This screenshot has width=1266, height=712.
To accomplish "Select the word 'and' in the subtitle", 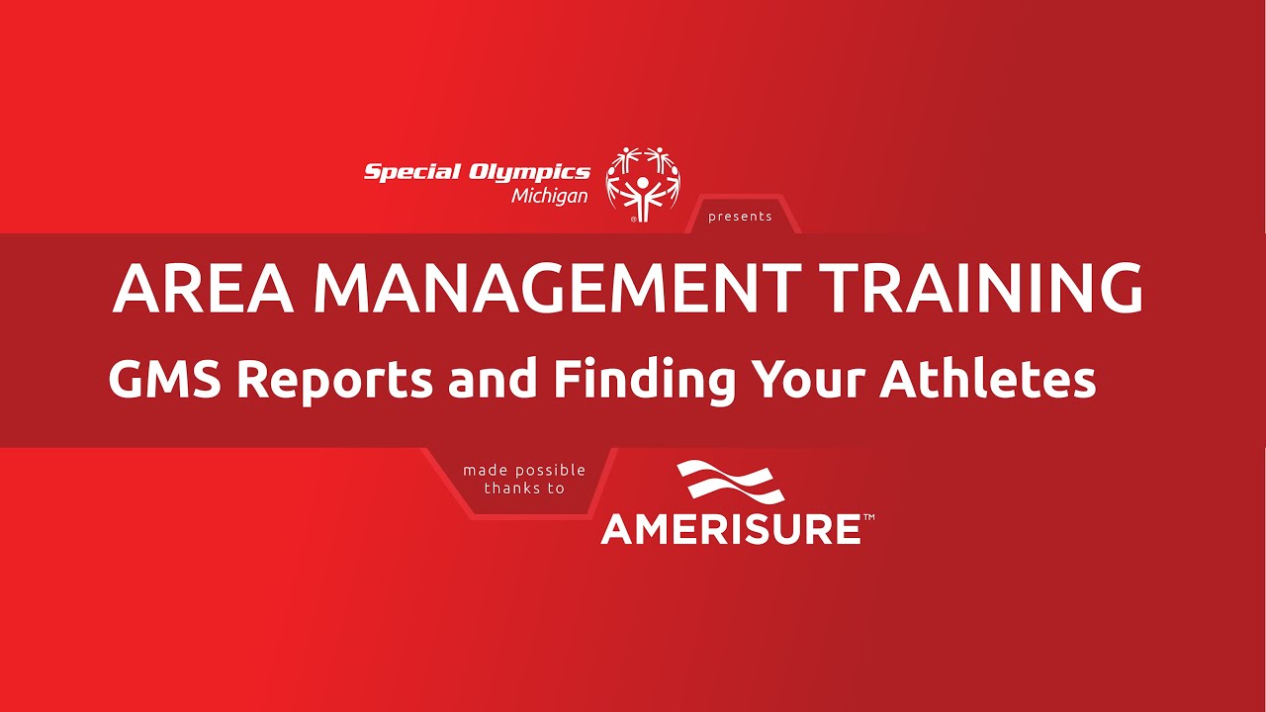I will (x=492, y=380).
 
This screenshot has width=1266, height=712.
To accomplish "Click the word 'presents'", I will (x=740, y=217).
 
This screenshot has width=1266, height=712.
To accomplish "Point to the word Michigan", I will (x=549, y=196).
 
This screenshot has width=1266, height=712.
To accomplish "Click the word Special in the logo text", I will (x=412, y=172).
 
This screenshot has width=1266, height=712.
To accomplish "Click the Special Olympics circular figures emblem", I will (x=644, y=182).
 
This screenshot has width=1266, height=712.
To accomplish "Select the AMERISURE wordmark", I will (x=731, y=529).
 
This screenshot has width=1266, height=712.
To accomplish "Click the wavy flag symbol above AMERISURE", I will (x=731, y=482).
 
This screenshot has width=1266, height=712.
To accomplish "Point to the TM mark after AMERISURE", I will (x=868, y=516).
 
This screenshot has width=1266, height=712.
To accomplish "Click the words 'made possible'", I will (x=524, y=470).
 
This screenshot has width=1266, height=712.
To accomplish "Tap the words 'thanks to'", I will (x=524, y=488).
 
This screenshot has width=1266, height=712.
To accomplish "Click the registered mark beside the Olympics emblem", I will (x=633, y=220).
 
